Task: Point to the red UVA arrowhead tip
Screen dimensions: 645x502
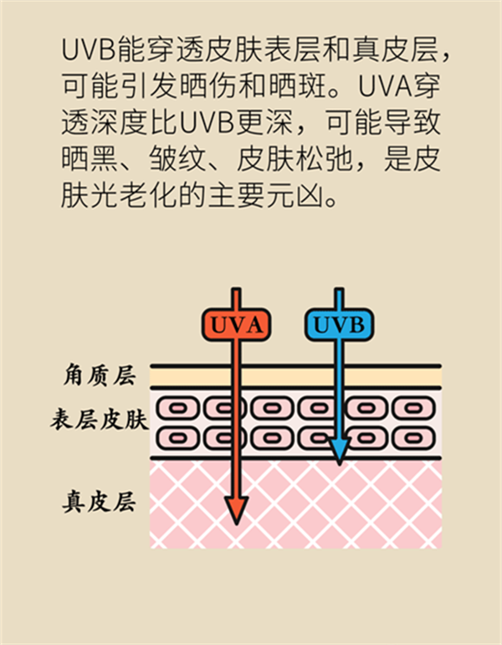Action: pos(236,518)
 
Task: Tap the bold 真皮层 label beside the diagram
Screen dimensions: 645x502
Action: pos(99,502)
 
